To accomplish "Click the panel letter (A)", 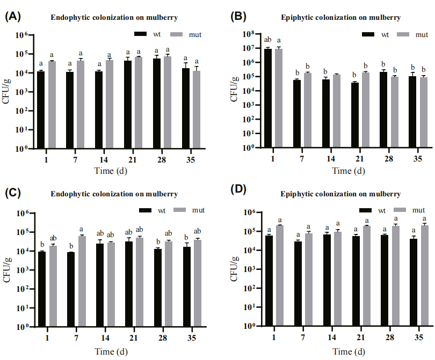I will coord(12,16).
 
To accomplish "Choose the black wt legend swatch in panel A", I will coord(141,34).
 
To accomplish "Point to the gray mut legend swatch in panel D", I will coord(402,210).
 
